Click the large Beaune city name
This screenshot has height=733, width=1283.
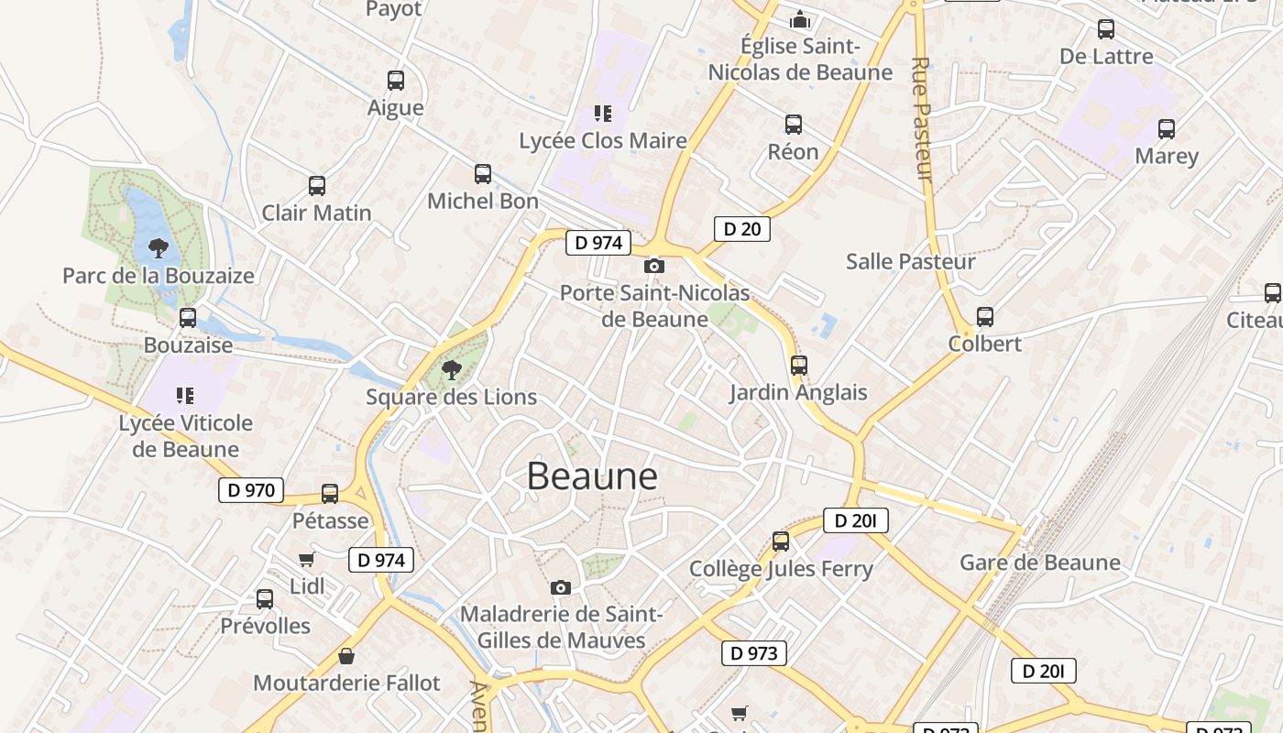pos(592,476)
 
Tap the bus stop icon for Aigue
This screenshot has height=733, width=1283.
pos(396,81)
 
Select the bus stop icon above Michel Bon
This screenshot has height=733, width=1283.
pos(483,174)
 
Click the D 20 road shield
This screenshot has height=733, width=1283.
pos(741,229)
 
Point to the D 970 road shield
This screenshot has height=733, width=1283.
pos(250,490)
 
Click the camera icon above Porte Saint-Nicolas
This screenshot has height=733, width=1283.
pos(654,267)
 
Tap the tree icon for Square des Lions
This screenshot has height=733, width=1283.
pos(451,370)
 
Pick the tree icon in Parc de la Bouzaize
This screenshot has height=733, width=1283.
pos(159,247)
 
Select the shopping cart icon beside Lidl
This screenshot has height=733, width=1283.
pos(306,560)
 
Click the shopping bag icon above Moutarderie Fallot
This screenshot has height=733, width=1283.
pos(346,656)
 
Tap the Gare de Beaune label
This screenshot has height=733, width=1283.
pos(1040,563)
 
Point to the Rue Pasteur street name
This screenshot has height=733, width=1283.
pos(921,119)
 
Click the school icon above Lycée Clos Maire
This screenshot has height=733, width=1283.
pos(602,114)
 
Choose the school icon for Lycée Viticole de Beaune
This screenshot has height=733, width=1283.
pos(185,396)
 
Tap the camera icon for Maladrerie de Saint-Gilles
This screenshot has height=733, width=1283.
pos(561,587)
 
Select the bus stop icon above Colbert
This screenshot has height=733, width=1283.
pos(985,317)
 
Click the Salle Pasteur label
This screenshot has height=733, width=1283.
pos(910,262)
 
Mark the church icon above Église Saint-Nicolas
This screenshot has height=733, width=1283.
pos(800,18)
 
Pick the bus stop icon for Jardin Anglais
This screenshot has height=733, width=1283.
pos(798,366)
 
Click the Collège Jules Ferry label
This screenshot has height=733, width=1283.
pos(781,569)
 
